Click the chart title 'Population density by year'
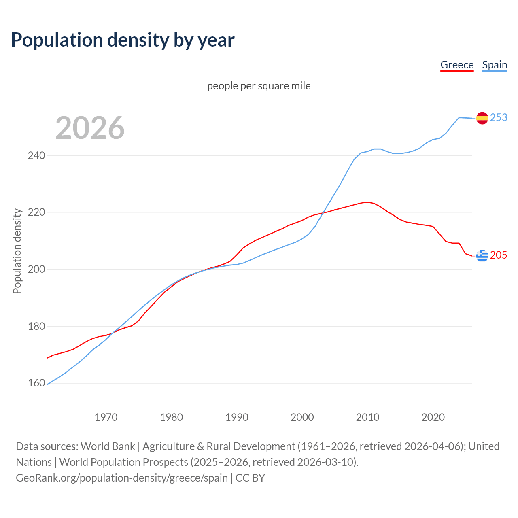pos(123,40)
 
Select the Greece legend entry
pos(457,65)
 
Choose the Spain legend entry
pos(495,65)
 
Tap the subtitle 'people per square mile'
pos(259,86)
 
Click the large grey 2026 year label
pos(90,128)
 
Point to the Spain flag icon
pos(482,118)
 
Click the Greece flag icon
pos(482,255)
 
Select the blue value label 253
pos(499,117)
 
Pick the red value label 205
pos(499,255)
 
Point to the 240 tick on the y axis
pos(36,155)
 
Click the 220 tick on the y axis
pos(36,212)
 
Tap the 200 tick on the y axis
pos(36,270)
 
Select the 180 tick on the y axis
pos(36,326)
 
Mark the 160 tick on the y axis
pos(36,383)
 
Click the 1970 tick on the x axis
pos(106,417)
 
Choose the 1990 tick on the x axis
pos(237,417)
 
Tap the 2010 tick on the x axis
pos(367,417)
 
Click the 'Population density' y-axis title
pos(17,251)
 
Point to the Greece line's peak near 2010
pos(367,202)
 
